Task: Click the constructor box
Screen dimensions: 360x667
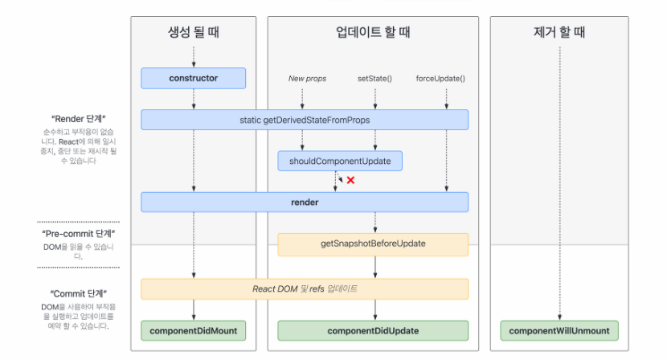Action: pyautogui.click(x=194, y=79)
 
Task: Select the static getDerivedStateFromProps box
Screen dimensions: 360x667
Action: pyautogui.click(x=305, y=120)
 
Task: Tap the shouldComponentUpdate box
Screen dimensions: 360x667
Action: pyautogui.click(x=340, y=161)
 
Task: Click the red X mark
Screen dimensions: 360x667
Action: pyautogui.click(x=350, y=180)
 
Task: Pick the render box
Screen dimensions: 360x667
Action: pyautogui.click(x=305, y=202)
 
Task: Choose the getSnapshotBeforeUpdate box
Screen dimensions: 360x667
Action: pyautogui.click(x=373, y=243)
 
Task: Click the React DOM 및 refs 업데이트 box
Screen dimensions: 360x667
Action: pyautogui.click(x=305, y=288)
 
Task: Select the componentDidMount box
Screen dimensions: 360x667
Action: pyautogui.click(x=194, y=330)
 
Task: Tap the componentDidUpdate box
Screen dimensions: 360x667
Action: pyautogui.click(x=373, y=330)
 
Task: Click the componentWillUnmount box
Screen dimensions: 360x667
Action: pyautogui.click(x=559, y=330)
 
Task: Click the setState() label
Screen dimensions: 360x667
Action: pyautogui.click(x=374, y=79)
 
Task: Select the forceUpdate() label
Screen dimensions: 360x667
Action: pyautogui.click(x=440, y=79)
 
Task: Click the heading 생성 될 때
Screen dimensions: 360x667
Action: pyautogui.click(x=194, y=33)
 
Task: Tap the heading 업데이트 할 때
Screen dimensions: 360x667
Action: pyautogui.click(x=373, y=33)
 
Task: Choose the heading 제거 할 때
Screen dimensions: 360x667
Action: pyautogui.click(x=559, y=33)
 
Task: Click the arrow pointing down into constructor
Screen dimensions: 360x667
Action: pyautogui.click(x=194, y=57)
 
